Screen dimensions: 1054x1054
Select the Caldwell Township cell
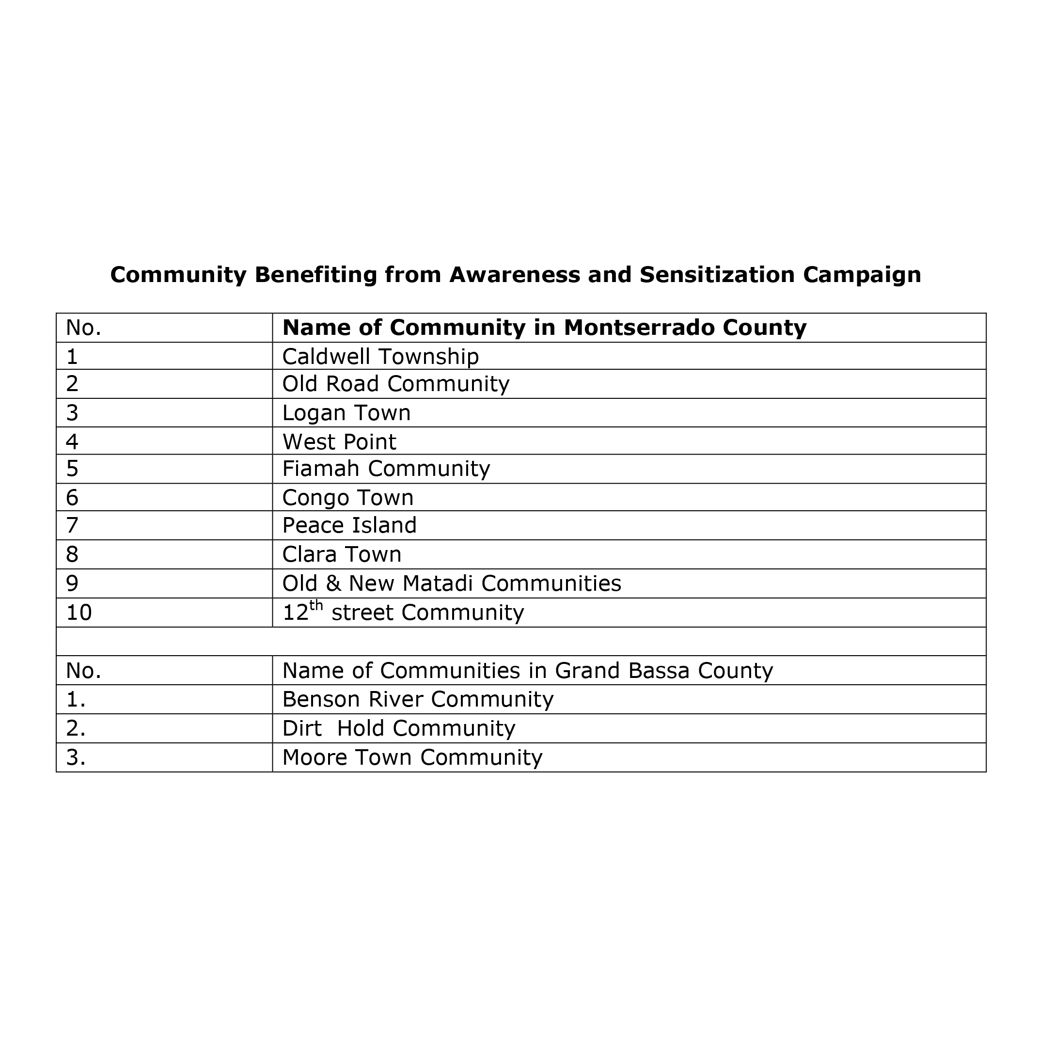coord(380,357)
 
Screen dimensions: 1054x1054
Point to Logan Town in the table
coord(346,413)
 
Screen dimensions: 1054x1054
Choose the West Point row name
coord(339,442)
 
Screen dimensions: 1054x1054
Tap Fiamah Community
coord(386,469)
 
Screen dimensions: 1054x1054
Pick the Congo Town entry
coord(347,498)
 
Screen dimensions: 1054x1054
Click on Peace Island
coord(349,525)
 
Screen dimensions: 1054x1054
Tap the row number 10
coord(79,613)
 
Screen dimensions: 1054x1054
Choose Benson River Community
coord(417,699)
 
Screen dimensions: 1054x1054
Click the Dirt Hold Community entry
coord(398,729)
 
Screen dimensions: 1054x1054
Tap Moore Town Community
coord(412,758)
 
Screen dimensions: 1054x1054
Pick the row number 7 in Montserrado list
coord(72,525)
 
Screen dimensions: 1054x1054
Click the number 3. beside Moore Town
coord(75,758)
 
